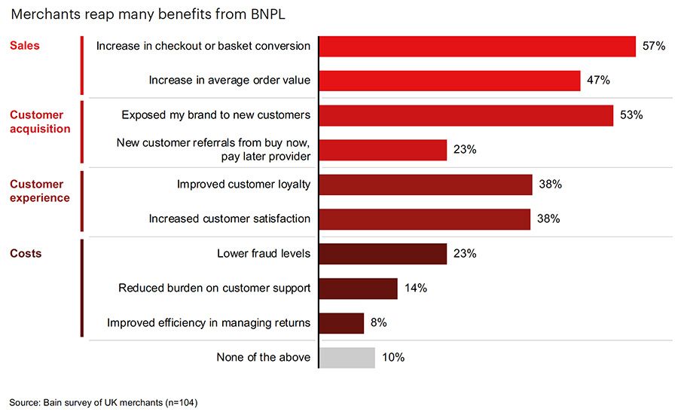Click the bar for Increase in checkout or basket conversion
(478, 46)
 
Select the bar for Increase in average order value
(450, 81)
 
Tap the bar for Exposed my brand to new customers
(466, 115)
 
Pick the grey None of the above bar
(347, 357)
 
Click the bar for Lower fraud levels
(383, 254)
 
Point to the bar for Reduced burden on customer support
(359, 288)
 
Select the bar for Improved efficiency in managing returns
(341, 323)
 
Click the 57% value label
(653, 46)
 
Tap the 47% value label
(597, 81)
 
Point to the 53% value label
(631, 115)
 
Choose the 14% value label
(415, 288)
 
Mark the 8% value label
(378, 323)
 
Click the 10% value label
(392, 357)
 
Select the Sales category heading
(25, 46)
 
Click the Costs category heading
(26, 254)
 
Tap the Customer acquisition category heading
(40, 122)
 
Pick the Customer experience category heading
(40, 191)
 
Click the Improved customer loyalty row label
(243, 185)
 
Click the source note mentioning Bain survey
(103, 401)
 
